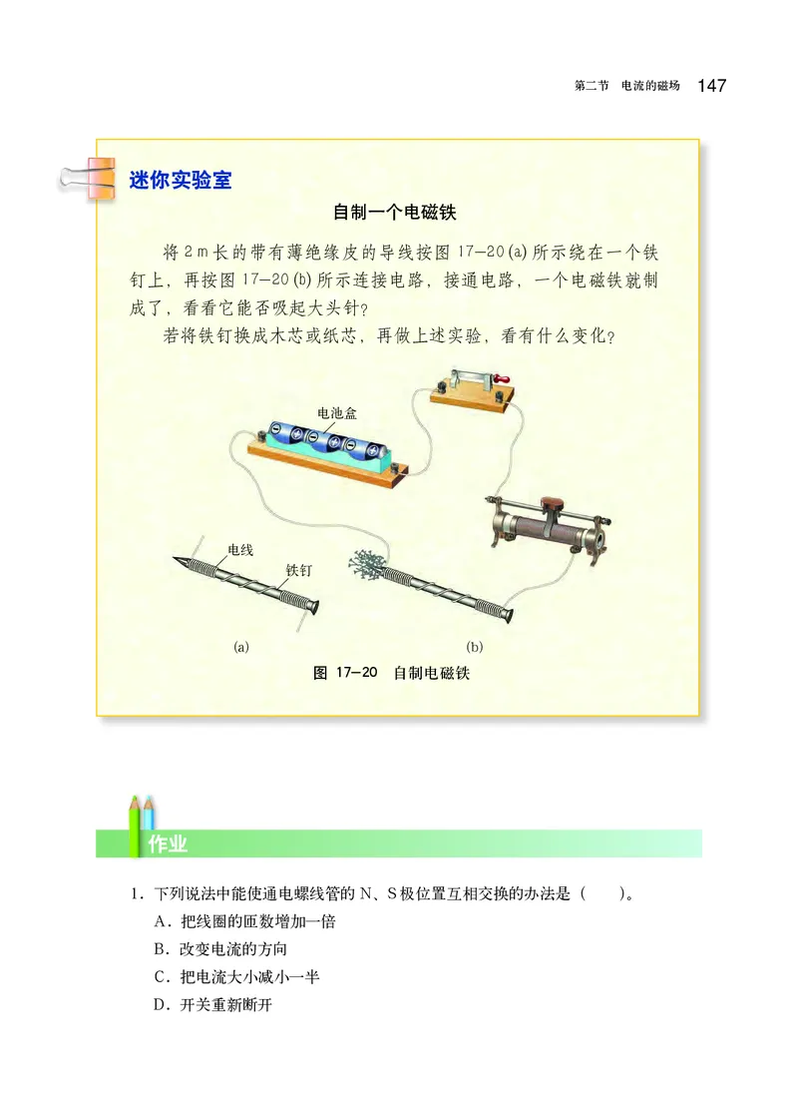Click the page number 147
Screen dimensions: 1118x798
(x=712, y=86)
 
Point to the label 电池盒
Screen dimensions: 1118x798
(x=336, y=412)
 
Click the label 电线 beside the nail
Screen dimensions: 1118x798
(x=240, y=550)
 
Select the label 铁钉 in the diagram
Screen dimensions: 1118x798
(x=299, y=570)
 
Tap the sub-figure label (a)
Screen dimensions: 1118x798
(x=240, y=646)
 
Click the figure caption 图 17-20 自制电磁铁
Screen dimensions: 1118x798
(x=391, y=673)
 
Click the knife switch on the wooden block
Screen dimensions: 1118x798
(x=471, y=383)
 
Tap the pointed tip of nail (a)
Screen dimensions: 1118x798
(x=177, y=560)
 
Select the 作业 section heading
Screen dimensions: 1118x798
(x=168, y=844)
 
